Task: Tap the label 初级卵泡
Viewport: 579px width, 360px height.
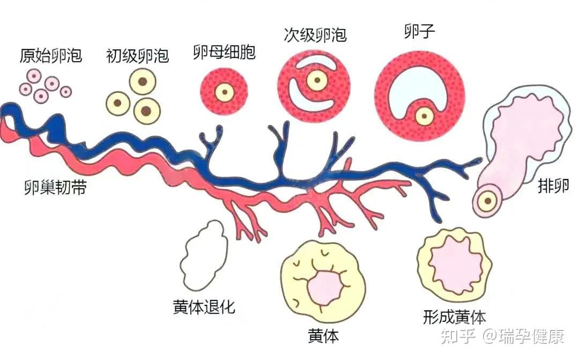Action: (x=137, y=56)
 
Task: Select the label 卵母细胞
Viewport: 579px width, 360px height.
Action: (x=224, y=53)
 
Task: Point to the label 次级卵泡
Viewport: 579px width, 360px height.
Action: (x=315, y=35)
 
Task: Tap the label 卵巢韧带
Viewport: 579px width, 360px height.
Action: (x=55, y=188)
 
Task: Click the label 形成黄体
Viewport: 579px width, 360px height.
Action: (x=454, y=317)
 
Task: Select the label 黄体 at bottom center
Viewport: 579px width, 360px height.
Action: (x=323, y=336)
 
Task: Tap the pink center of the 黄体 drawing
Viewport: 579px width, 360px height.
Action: (x=323, y=284)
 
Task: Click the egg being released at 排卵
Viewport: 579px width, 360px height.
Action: (x=487, y=201)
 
